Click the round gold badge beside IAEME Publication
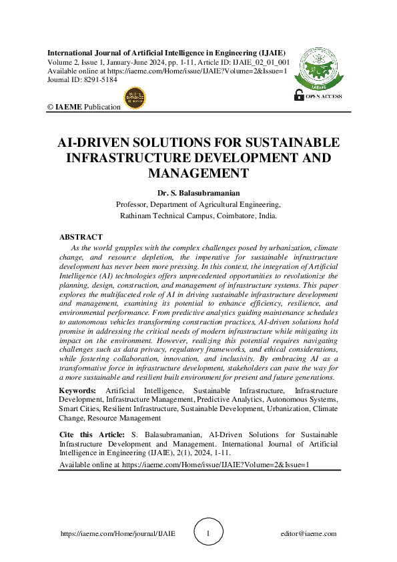click(135, 98)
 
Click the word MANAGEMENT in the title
click(198, 174)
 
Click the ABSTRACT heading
click(81, 237)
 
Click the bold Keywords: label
click(77, 390)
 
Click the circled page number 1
click(208, 533)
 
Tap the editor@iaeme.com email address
click(309, 534)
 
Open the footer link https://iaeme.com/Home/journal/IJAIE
click(118, 534)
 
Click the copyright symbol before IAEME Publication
click(49, 107)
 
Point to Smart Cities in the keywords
click(79, 409)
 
